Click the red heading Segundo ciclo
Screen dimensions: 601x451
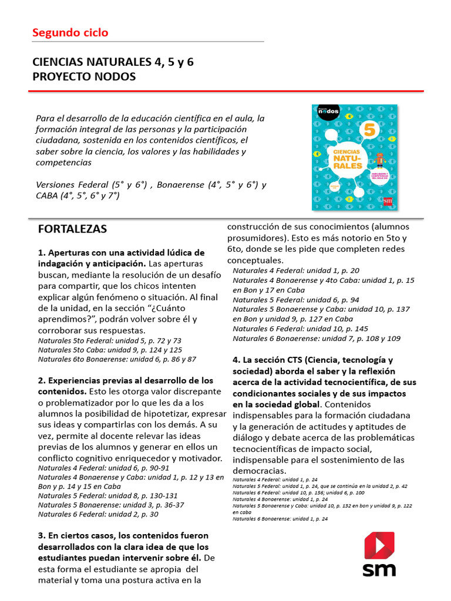70,33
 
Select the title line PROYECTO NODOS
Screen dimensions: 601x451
84,77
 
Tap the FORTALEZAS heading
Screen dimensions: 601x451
72,229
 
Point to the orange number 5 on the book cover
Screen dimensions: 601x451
370,131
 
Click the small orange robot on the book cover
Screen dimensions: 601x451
379,160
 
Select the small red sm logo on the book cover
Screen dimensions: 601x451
387,201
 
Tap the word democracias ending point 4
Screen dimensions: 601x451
260,471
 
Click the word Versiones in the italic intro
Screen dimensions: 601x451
55,184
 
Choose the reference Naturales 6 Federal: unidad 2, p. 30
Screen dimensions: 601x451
98,514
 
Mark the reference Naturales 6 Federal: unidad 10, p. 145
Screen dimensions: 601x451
300,329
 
